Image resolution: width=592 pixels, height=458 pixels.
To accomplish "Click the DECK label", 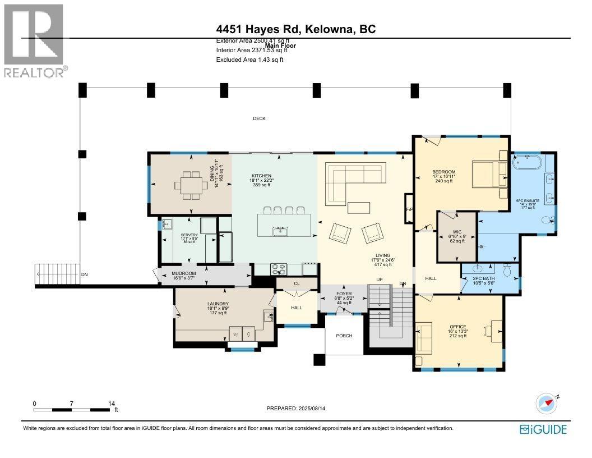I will tap(259, 118).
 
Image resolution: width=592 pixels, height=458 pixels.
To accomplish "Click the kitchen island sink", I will tap(278, 230).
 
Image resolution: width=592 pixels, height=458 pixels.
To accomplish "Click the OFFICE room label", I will tap(457, 327).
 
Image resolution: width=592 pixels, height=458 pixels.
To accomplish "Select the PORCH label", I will tap(344, 336).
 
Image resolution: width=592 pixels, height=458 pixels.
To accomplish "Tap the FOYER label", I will tap(344, 293).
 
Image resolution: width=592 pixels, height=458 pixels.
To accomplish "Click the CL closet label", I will tap(297, 283).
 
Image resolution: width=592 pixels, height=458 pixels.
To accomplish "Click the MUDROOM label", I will tap(183, 273).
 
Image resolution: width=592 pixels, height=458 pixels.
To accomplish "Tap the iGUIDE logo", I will tap(543, 429).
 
